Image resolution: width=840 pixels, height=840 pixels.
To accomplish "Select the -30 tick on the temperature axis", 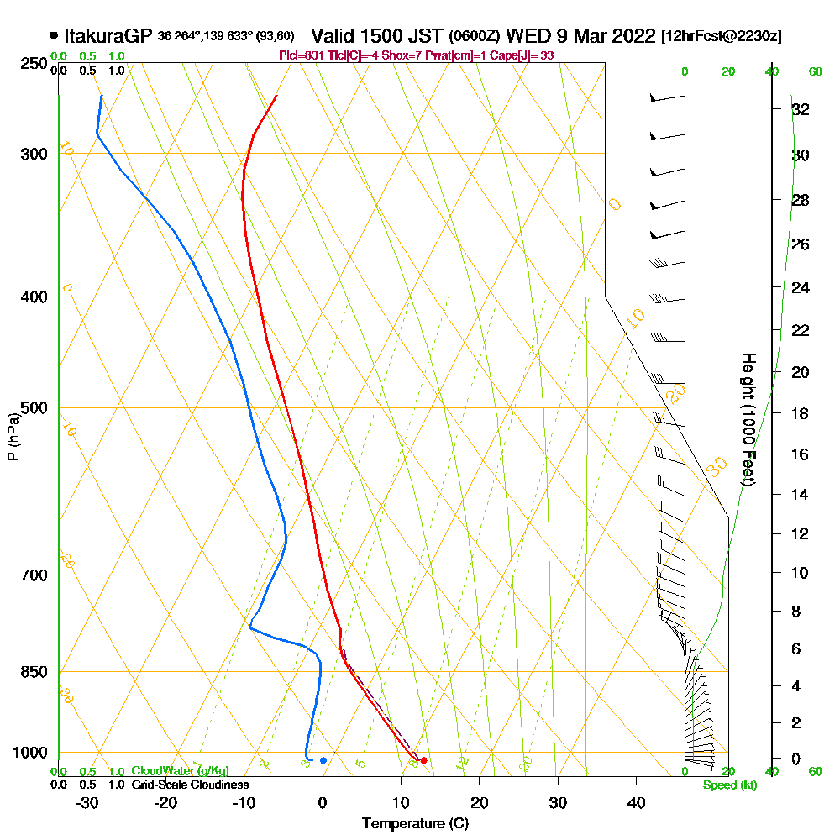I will tap(88, 802).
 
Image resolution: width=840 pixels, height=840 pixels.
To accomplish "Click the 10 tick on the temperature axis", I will tap(401, 802).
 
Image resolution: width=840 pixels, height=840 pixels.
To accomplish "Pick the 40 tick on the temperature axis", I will tap(636, 802).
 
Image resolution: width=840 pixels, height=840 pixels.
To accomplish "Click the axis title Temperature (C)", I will tap(415, 824).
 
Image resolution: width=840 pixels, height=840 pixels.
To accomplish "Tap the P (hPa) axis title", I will tap(13, 437).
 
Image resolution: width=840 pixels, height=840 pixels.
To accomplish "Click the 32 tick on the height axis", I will tap(800, 108).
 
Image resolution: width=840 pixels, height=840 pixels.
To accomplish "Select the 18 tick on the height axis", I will tap(800, 413).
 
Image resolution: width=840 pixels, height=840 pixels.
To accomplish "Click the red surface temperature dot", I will tap(423, 760).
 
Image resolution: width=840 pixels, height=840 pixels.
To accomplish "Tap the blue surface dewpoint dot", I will tap(323, 760).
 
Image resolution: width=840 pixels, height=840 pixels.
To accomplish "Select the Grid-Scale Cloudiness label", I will tap(189, 785).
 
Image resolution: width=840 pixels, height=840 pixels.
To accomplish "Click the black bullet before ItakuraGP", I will tap(54, 36).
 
